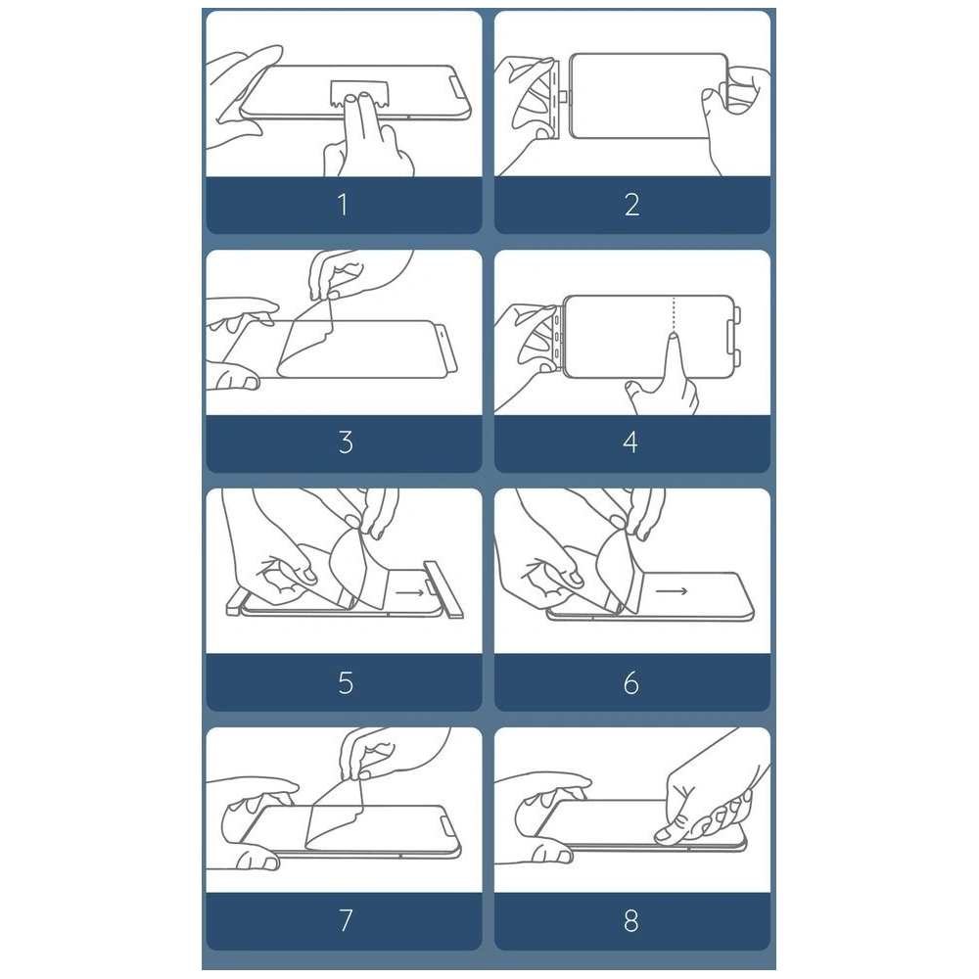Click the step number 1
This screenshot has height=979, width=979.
click(342, 205)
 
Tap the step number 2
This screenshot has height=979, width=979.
click(631, 205)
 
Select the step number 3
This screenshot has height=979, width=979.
click(346, 443)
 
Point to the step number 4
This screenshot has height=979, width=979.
click(630, 443)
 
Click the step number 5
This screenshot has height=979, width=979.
click(346, 682)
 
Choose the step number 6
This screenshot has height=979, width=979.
click(631, 682)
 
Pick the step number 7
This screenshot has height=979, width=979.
click(346, 920)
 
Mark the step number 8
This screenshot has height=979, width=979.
click(631, 920)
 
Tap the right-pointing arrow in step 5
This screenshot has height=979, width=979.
click(409, 592)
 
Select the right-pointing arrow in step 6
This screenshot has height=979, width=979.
click(672, 590)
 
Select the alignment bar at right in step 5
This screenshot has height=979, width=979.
click(443, 589)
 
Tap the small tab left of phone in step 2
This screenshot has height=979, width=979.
click(563, 96)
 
